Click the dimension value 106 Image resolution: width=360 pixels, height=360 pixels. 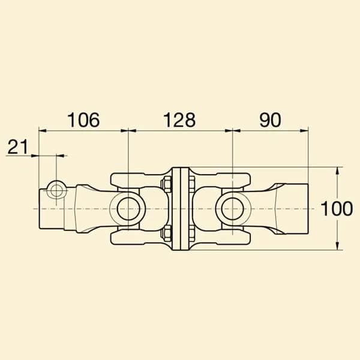[84, 120]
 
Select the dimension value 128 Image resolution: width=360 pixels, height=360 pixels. [179, 120]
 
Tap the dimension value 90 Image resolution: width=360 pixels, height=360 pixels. [270, 120]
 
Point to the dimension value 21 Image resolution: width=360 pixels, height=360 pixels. [17, 146]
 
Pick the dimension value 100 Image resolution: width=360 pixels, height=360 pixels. [337, 208]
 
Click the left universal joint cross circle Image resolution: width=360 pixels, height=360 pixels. [128, 208]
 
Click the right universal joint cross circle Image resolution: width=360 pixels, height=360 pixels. [233, 208]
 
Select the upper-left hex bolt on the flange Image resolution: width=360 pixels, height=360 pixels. [166, 184]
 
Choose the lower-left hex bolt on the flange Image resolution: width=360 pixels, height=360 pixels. [166, 233]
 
